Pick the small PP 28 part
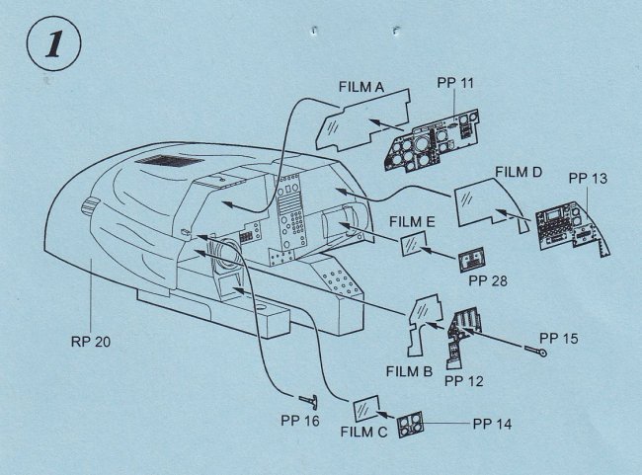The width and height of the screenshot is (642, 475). click(473, 261)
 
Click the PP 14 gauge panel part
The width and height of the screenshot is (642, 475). click(410, 426)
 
